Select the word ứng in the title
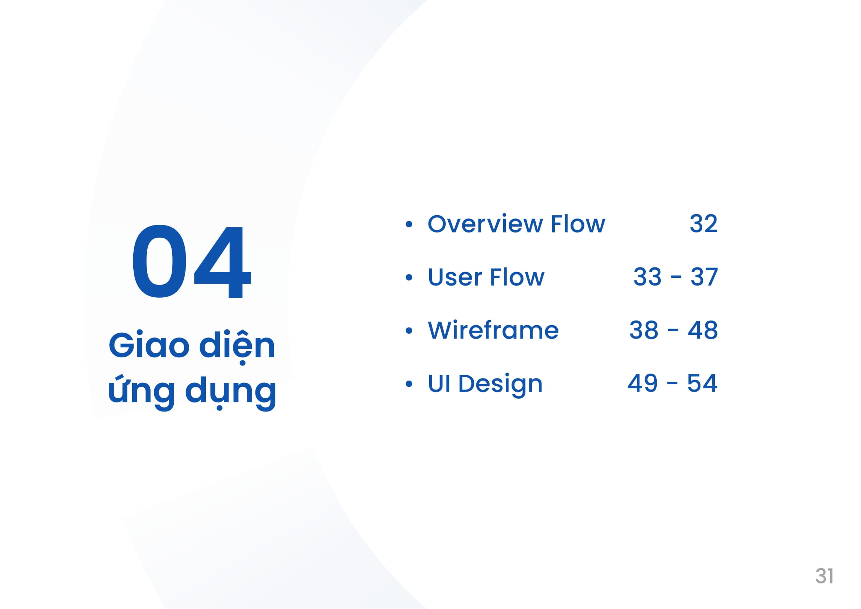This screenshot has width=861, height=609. [141, 392]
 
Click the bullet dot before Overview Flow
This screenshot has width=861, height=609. [409, 224]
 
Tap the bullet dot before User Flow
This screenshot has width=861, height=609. [409, 278]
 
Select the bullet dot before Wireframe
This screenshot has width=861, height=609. [409, 330]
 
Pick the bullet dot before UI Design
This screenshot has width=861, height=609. [409, 384]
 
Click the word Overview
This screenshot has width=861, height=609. [485, 224]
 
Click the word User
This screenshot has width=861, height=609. [455, 277]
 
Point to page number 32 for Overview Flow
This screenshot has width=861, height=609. [703, 224]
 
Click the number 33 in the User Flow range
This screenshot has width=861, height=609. [647, 277]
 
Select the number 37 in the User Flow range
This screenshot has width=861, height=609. [704, 277]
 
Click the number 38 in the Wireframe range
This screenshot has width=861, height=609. [643, 330]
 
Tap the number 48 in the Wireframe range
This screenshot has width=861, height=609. [703, 330]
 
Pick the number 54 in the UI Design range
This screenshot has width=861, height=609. [702, 384]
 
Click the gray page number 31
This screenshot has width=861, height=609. [824, 576]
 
